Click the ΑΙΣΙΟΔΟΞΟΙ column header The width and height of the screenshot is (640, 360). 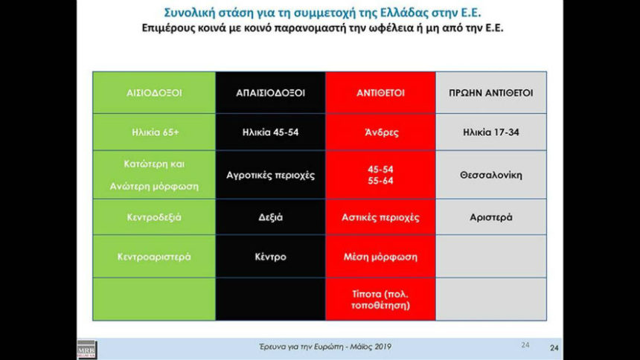coord(154,93)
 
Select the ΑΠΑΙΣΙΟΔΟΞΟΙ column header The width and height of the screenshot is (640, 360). coord(271,93)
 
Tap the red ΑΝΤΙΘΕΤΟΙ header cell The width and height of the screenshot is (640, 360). coord(380,93)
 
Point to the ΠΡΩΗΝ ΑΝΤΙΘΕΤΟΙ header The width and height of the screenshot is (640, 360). coord(491,93)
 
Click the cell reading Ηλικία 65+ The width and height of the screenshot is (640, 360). coord(154,132)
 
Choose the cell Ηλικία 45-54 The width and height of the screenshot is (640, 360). coord(271,132)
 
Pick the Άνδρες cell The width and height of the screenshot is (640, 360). coord(380,132)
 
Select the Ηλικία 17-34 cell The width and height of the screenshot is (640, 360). coord(491,132)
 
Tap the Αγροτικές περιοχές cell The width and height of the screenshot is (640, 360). coord(271,175)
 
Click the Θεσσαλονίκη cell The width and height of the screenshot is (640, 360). coord(491,175)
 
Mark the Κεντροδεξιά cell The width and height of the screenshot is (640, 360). coord(154,217)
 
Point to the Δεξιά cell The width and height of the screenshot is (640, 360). coord(271,217)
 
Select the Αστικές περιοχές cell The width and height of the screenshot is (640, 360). coord(380,217)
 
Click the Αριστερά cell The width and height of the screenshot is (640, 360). coord(491,217)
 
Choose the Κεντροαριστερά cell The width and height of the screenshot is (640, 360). coord(154,257)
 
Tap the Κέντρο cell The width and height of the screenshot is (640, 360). coord(271,257)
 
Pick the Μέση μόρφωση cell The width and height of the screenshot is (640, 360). coord(380,257)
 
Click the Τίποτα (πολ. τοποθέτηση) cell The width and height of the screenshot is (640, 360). coord(380,300)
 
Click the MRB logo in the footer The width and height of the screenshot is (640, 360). coord(87,350)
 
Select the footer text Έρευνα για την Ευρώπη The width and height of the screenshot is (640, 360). coord(301,347)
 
